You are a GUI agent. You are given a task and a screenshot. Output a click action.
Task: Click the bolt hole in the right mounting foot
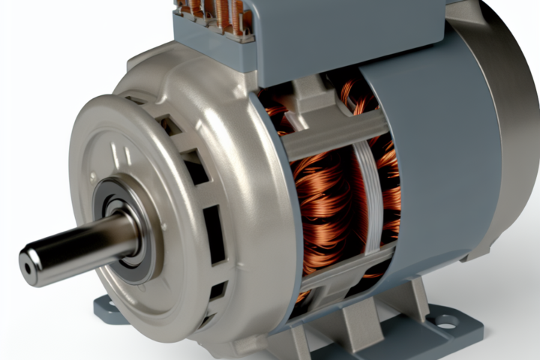445,321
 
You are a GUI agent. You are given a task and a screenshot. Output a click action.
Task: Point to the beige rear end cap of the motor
502,112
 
